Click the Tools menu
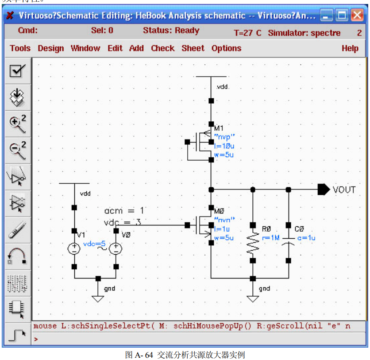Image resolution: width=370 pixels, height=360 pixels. (x=20, y=48)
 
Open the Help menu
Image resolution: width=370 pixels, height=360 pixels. (x=350, y=48)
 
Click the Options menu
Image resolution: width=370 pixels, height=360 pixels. (x=226, y=48)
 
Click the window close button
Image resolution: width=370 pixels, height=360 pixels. (x=357, y=16)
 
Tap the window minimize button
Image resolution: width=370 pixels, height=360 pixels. (x=327, y=16)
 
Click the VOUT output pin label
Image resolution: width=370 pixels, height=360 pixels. (x=344, y=190)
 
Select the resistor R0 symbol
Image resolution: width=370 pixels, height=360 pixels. (x=253, y=244)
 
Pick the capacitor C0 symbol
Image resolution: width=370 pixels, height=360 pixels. (x=288, y=243)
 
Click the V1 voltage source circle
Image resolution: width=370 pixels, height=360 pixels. (x=74, y=249)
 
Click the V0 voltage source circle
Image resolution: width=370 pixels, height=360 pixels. (x=116, y=249)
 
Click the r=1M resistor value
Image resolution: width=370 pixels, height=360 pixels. (x=271, y=238)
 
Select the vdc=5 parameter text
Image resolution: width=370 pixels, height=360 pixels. (x=94, y=244)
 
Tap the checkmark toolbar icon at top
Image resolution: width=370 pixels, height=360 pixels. (x=17, y=71)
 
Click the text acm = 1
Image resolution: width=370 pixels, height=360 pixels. (x=124, y=210)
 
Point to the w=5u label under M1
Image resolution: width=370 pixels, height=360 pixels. (x=224, y=155)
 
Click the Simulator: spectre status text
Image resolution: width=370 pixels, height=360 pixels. (x=304, y=33)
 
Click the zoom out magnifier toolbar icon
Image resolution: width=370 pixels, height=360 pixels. (x=17, y=150)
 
